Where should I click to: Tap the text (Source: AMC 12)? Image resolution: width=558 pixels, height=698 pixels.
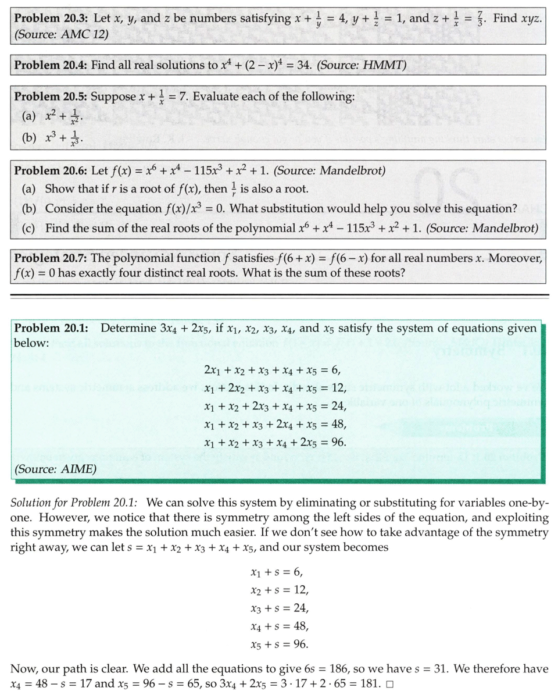point(60,34)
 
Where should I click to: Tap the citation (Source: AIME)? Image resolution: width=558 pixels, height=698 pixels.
point(55,469)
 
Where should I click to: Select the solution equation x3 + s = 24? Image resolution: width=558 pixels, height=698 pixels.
point(278,608)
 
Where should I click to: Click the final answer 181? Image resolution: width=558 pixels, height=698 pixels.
point(369,683)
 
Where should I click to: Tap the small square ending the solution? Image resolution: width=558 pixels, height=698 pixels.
point(389,683)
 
